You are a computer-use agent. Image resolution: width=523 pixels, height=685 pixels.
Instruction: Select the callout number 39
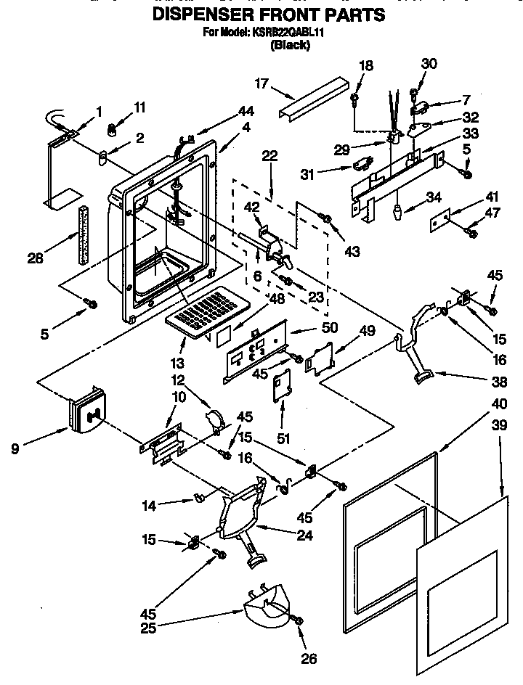point(500,427)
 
